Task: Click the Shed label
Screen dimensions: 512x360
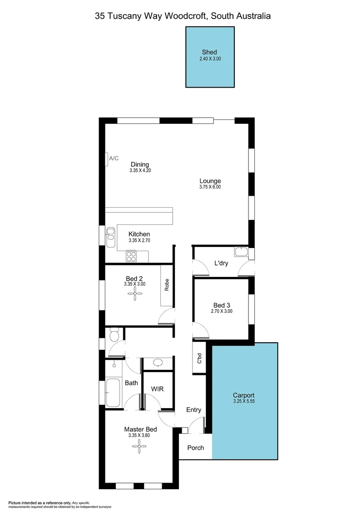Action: tap(210, 52)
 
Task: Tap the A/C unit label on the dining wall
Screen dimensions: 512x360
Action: tap(114, 158)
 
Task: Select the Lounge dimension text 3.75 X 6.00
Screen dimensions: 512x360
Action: tap(210, 187)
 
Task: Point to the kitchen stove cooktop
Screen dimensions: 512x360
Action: tap(131, 256)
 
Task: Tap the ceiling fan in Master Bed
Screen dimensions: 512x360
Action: tap(139, 444)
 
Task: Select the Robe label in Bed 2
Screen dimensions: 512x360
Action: tap(166, 284)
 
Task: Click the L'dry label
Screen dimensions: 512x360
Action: tap(221, 263)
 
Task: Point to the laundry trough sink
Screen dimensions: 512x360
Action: tap(241, 251)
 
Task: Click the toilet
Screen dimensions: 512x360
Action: tap(114, 336)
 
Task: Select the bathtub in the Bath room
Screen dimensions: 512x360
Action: tap(113, 392)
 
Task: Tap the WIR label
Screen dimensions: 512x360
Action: tap(157, 389)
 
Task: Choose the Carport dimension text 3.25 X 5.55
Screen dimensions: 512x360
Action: tap(244, 401)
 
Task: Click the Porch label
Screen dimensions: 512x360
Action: tap(195, 448)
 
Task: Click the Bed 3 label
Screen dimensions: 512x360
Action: tap(222, 305)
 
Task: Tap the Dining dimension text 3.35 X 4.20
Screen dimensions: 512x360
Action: tap(140, 170)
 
